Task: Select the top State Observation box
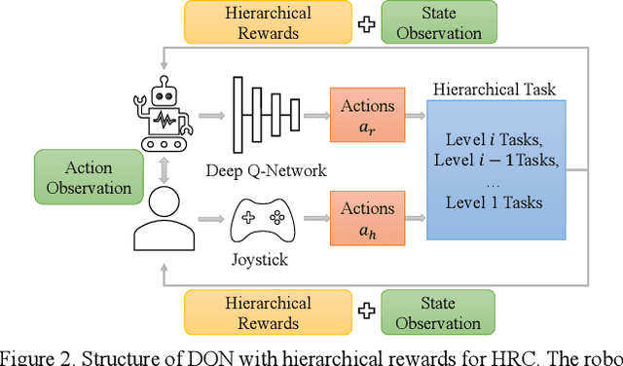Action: tap(439, 23)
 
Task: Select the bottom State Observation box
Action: tap(439, 313)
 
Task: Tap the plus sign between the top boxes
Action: tap(366, 23)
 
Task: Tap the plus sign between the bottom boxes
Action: tap(366, 313)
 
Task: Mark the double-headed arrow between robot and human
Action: tap(162, 167)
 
